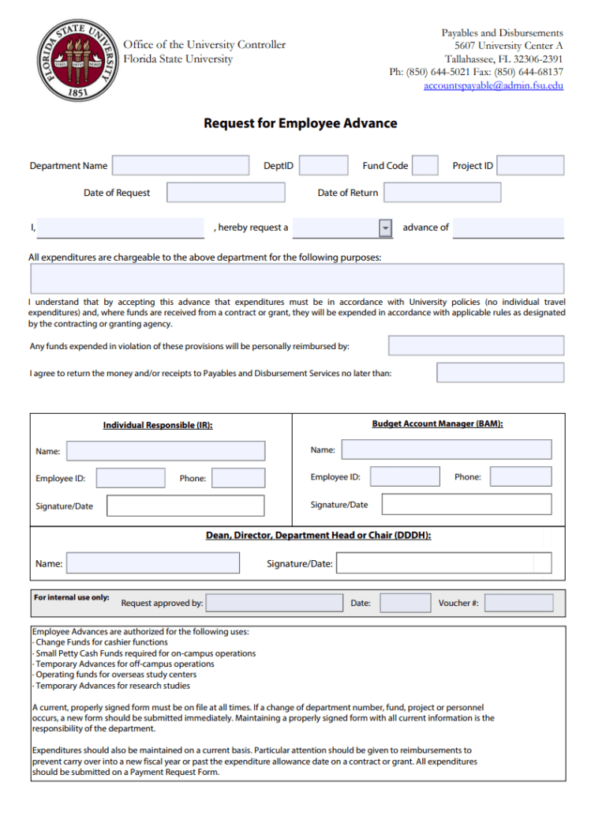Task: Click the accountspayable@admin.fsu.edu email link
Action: pos(493,85)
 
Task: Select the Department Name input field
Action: pos(181,165)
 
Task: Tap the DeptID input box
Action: pos(324,165)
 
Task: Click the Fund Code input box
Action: pos(425,165)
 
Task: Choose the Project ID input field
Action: pos(530,165)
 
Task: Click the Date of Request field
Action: pos(226,193)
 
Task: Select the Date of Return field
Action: pos(442,193)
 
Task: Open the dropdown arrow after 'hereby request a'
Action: pos(385,228)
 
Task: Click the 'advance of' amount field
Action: pos(508,228)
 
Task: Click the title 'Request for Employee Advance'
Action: pos(301,123)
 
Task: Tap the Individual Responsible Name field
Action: pos(166,451)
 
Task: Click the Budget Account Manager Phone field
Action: pos(521,476)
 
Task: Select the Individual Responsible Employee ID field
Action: pos(130,478)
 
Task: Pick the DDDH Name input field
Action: pos(153,563)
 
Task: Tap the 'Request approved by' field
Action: pos(274,604)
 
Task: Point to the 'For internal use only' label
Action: pos(72,598)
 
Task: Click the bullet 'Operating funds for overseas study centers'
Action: pos(115,675)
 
